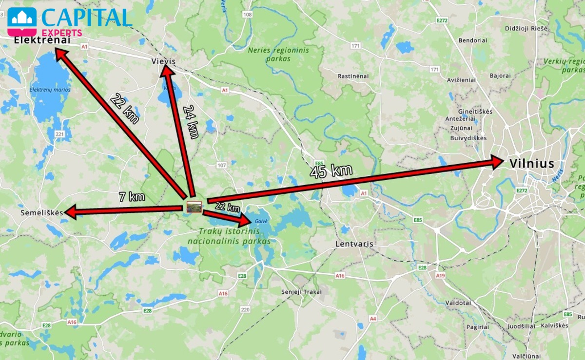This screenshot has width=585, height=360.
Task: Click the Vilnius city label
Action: tap(531, 164)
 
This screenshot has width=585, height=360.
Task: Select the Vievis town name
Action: tap(163, 61)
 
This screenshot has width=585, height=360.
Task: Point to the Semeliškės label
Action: tap(42, 213)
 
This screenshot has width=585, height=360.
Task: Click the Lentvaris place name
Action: tap(354, 244)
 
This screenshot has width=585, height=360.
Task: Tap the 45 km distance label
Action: tap(331, 171)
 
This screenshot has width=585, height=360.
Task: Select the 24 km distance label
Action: tap(191, 122)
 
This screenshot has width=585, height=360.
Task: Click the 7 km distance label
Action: tap(132, 197)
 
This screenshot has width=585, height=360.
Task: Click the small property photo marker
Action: tap(194, 207)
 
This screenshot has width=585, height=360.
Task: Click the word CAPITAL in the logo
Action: tap(86, 18)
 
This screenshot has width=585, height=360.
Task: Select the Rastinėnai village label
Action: tap(353, 76)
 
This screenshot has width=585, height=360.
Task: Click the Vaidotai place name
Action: tap(458, 303)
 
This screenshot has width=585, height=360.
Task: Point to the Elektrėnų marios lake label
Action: tap(50, 90)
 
